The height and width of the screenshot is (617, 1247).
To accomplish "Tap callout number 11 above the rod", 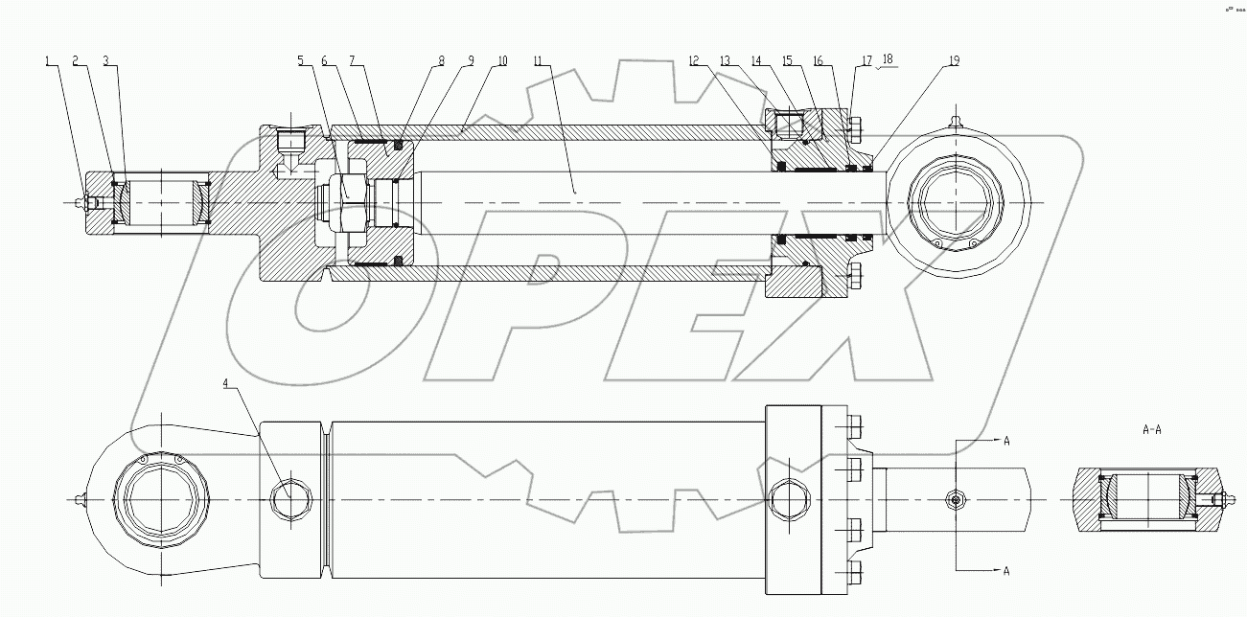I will pyautogui.click(x=538, y=60).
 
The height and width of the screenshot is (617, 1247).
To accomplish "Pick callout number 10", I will pyautogui.click(x=501, y=60).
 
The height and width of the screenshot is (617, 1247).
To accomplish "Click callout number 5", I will pyautogui.click(x=300, y=60).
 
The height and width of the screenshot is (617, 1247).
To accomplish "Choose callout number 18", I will pyautogui.click(x=888, y=59).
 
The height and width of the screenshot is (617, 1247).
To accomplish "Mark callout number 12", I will pyautogui.click(x=693, y=60).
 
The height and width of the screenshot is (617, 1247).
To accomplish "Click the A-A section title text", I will pyautogui.click(x=1152, y=429).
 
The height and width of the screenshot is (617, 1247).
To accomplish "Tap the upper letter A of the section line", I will pyautogui.click(x=1005, y=441).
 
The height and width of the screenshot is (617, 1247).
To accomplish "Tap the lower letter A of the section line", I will pyautogui.click(x=1005, y=571).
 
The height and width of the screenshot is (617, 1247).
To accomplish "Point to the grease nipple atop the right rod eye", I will pyautogui.click(x=954, y=120).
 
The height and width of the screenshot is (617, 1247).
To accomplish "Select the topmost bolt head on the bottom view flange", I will pyautogui.click(x=854, y=424).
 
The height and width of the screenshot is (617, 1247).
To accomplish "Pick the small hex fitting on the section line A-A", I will pyautogui.click(x=955, y=499).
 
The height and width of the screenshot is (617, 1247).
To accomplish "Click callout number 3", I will pyautogui.click(x=105, y=60).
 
